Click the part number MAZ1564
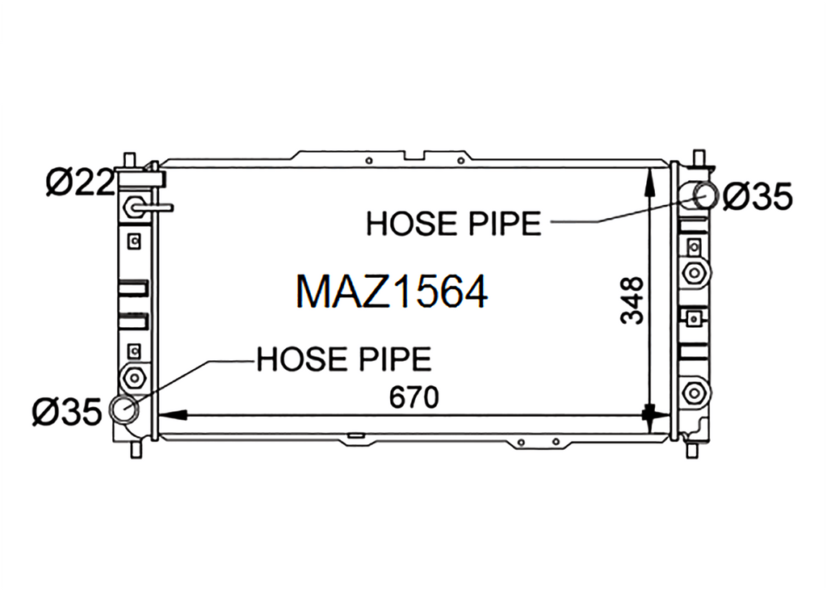pos(392,292)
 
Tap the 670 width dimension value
pos(414,398)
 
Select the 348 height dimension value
pos(632,300)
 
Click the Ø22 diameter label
pos(80,183)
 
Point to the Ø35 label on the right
pos(758,197)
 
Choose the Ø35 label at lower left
pos(66,412)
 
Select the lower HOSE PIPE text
pos(344,359)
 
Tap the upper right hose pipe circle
pos(705,195)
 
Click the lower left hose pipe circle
pos(124,409)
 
